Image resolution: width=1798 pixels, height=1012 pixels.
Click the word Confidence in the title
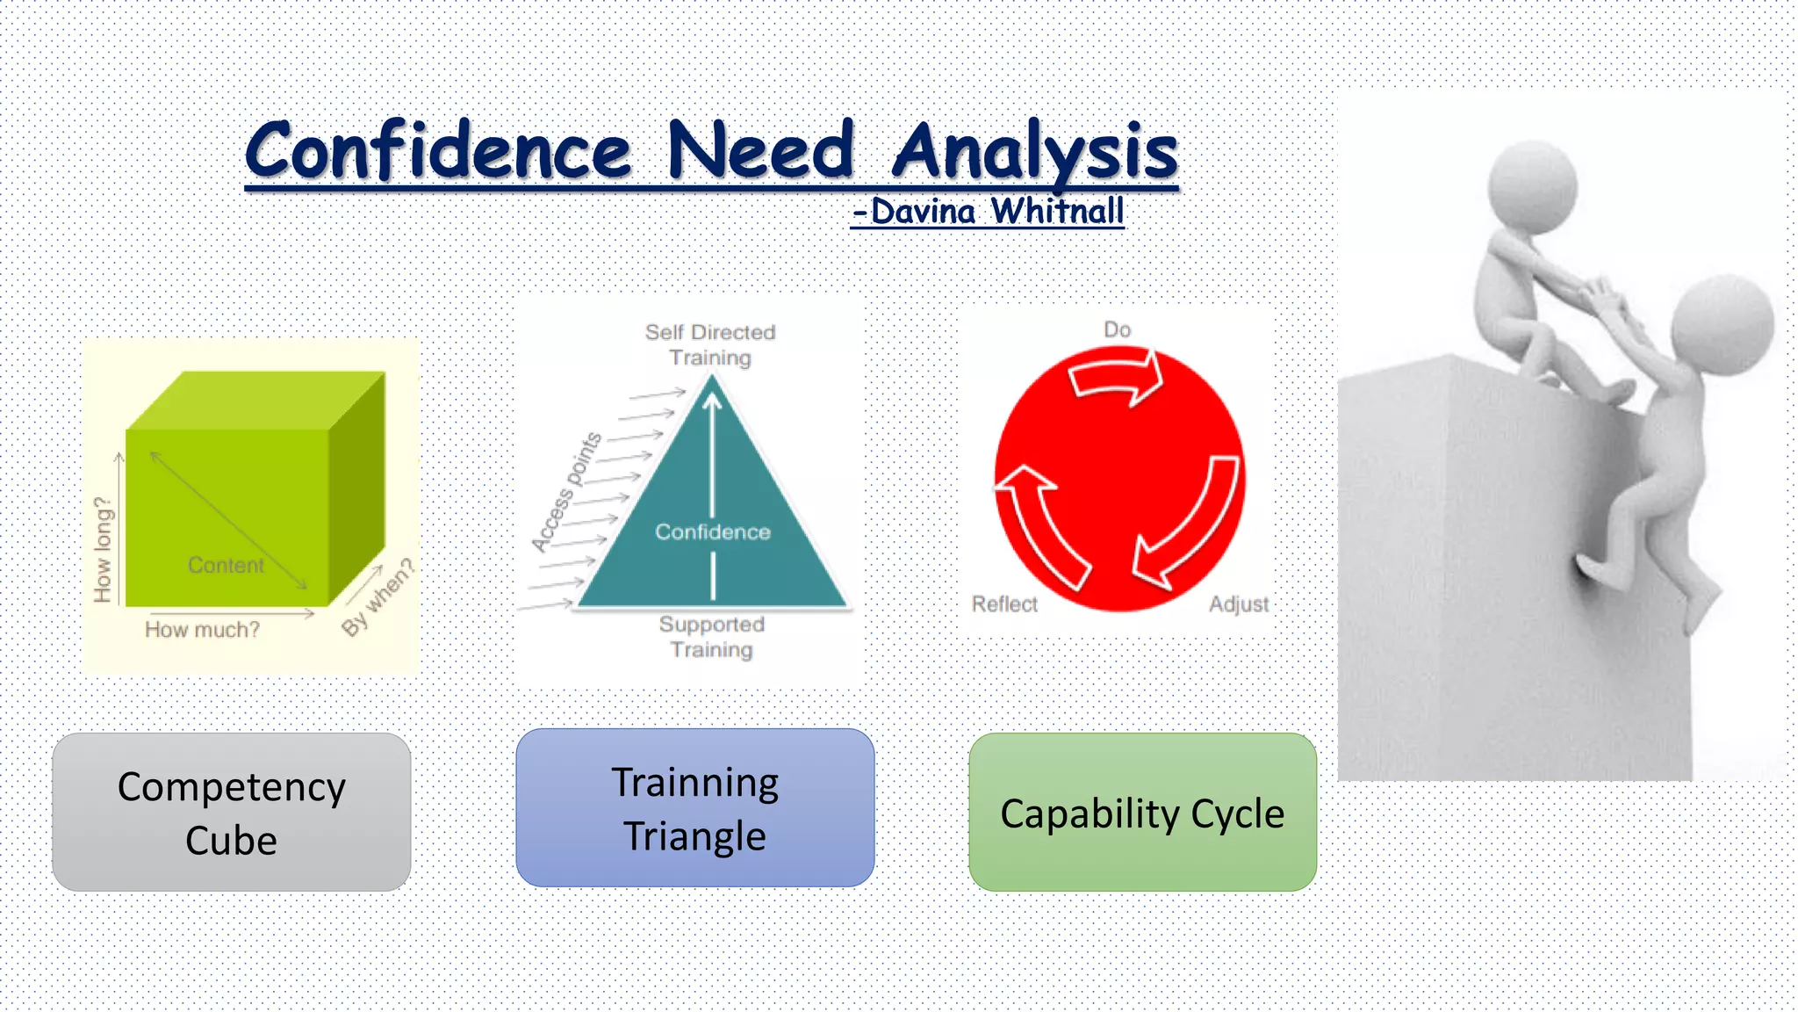(x=437, y=151)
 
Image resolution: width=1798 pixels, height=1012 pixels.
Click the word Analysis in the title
(x=1034, y=151)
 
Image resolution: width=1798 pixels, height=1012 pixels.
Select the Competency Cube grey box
(x=231, y=813)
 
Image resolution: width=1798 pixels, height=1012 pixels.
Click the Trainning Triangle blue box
(x=694, y=808)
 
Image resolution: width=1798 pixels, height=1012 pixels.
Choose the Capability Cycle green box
(x=1141, y=813)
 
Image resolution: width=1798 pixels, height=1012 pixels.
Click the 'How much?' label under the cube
(x=202, y=630)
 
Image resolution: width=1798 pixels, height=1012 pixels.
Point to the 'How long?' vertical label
(x=104, y=550)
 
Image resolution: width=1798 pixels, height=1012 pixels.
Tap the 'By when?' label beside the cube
(x=378, y=597)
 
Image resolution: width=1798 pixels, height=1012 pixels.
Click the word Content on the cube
(x=226, y=565)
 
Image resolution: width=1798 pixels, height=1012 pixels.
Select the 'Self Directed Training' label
(x=710, y=344)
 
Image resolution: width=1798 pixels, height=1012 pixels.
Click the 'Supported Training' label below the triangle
(x=711, y=637)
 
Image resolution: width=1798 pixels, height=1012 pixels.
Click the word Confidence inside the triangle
(x=712, y=531)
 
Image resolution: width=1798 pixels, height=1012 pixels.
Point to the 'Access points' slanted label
(x=567, y=492)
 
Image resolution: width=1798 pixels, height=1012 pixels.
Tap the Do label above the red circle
(x=1117, y=329)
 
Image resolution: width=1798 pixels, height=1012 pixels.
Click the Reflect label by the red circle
(x=1004, y=604)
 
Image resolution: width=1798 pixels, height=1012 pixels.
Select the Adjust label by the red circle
(x=1238, y=604)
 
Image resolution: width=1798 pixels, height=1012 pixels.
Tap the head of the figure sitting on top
(x=1532, y=186)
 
